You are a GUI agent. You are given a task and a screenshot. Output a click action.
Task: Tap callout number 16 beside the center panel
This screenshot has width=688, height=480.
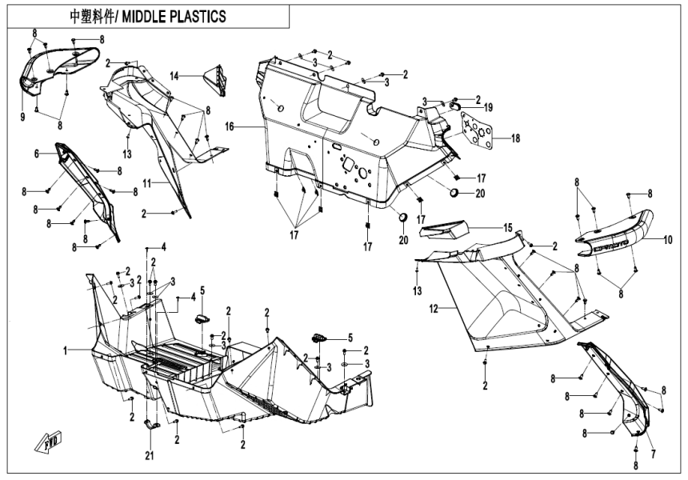tap(229, 126)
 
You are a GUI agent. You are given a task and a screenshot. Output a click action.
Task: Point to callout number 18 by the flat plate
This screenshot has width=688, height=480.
tap(515, 138)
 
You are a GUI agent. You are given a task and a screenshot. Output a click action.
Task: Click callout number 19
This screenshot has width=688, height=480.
tap(487, 106)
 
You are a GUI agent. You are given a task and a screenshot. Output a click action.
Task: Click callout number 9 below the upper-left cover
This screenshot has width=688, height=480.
tap(23, 118)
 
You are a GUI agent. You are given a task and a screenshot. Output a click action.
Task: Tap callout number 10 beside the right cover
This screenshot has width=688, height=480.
tap(666, 239)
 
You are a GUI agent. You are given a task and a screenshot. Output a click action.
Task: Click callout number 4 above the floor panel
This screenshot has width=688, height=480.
tap(163, 246)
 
